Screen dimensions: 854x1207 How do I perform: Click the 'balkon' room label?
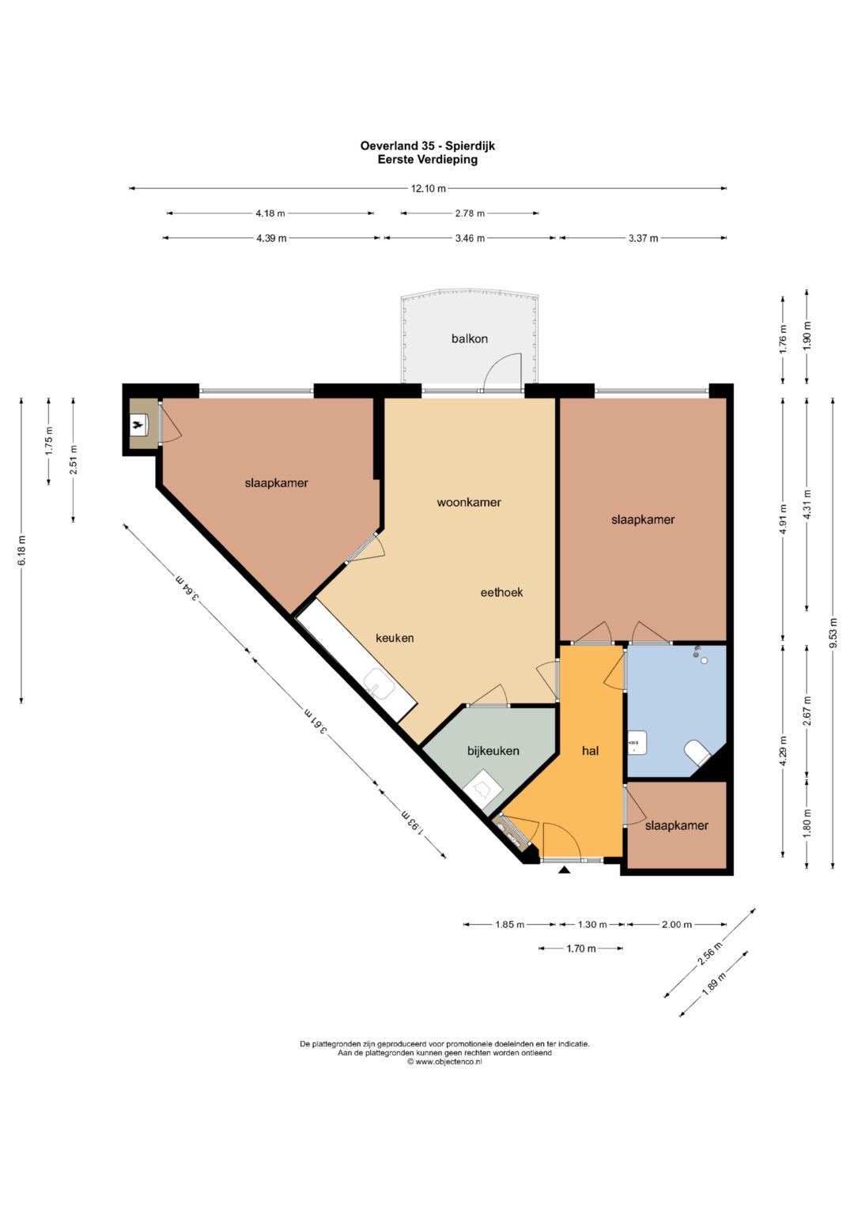click(469, 339)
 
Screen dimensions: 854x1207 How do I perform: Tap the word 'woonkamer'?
click(468, 502)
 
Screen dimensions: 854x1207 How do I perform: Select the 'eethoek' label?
click(501, 592)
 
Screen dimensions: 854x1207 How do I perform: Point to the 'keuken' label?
click(395, 638)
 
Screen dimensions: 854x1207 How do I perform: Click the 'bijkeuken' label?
click(493, 751)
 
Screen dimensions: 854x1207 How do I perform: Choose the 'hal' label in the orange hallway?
click(591, 751)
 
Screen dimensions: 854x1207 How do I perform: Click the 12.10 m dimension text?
click(429, 189)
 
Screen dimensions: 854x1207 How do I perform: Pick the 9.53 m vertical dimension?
click(832, 633)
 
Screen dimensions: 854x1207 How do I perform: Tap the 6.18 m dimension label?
click(21, 551)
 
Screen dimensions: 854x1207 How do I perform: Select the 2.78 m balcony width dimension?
click(470, 213)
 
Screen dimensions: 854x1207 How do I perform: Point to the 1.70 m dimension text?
click(581, 949)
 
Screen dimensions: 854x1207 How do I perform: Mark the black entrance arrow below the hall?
click(564, 869)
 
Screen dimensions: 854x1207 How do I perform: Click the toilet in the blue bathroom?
click(699, 752)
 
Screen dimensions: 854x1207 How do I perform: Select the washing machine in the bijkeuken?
click(483, 788)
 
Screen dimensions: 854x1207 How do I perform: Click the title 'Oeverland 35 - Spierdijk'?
click(428, 145)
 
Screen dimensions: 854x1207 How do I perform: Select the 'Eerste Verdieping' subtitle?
click(428, 160)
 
